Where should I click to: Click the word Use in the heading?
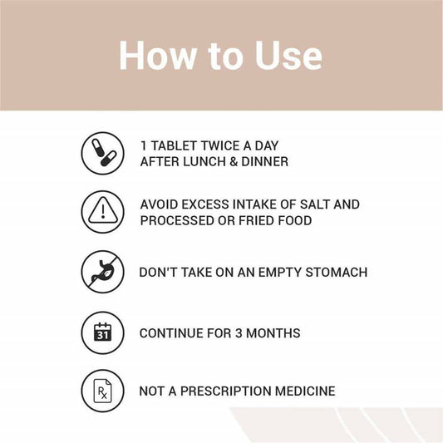(288, 56)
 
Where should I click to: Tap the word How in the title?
(158, 56)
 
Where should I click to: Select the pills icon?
(103, 154)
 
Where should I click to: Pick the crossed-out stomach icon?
(103, 272)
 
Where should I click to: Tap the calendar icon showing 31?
(103, 332)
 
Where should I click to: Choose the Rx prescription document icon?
(103, 391)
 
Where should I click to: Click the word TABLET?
(174, 145)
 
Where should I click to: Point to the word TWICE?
(219, 145)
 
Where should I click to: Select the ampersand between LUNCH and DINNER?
(234, 162)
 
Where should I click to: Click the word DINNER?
(265, 162)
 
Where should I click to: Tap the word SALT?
(314, 204)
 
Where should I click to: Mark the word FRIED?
(256, 220)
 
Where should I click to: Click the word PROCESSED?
(177, 220)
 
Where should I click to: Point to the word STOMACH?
(337, 273)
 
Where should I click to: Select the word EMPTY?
(280, 273)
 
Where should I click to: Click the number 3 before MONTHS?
(239, 333)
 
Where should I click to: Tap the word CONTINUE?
(171, 333)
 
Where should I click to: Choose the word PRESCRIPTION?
(226, 391)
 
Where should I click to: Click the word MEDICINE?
(305, 391)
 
